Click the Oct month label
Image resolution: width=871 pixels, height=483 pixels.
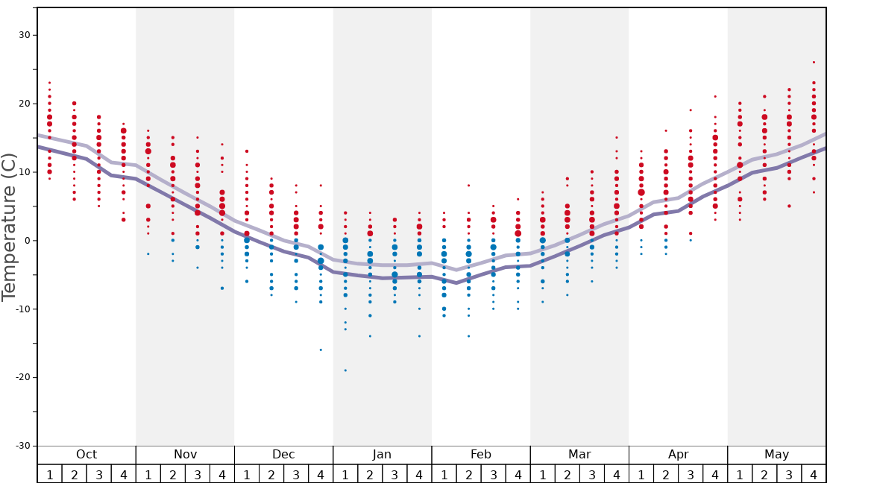tap(87, 455)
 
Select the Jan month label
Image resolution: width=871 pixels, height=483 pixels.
tap(382, 455)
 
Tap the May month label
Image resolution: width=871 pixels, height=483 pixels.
tap(776, 455)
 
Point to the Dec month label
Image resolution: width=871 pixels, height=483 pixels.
tap(283, 455)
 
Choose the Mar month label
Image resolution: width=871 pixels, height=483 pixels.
tap(579, 455)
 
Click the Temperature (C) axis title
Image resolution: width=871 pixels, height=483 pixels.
tap(9, 227)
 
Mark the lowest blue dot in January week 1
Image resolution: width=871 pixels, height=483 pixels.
tap(345, 370)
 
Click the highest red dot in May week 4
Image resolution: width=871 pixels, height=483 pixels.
tap(814, 62)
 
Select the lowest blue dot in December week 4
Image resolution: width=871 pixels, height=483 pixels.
tap(321, 350)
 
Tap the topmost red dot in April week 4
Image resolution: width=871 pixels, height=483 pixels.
tap(715, 96)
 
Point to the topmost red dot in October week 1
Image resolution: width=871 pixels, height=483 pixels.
tap(49, 83)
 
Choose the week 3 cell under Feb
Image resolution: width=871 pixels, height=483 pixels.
tap(493, 475)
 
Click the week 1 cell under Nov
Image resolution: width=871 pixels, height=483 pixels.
tap(148, 475)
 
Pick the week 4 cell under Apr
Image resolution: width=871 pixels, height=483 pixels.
tap(715, 475)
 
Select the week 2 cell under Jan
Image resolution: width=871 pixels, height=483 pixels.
tap(370, 475)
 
